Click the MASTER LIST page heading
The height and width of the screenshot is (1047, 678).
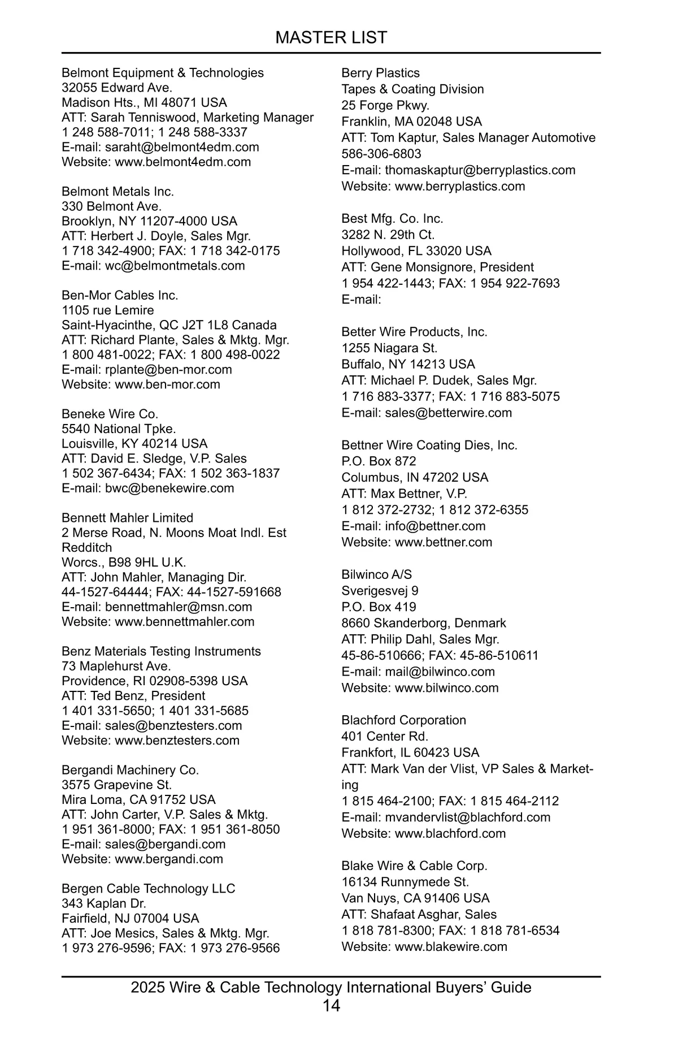[x=331, y=37]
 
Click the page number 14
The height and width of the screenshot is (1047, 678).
[x=331, y=1006]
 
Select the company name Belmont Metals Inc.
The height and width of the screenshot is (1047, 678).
[x=118, y=192]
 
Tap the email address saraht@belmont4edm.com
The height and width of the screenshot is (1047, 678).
[x=182, y=147]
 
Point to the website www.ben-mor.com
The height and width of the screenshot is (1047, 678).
[x=167, y=384]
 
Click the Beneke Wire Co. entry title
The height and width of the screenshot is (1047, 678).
[x=110, y=414]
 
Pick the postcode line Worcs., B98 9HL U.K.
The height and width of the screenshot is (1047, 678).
[x=124, y=563]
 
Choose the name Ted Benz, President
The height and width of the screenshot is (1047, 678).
[x=147, y=696]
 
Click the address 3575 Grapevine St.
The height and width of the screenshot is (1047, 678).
[x=116, y=785]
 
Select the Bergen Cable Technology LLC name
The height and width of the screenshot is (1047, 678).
[x=148, y=889]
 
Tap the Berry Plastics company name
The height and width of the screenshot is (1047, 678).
[x=380, y=73]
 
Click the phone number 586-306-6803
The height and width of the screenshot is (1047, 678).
[x=381, y=154]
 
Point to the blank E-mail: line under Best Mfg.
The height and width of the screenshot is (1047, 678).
[x=361, y=300]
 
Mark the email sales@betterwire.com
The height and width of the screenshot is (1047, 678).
[x=448, y=413]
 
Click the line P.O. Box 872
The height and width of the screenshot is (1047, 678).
[x=379, y=461]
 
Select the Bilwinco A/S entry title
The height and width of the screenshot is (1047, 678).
[x=376, y=574]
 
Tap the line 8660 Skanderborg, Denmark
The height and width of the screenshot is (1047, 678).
[x=423, y=623]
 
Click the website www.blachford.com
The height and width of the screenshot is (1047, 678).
[x=450, y=833]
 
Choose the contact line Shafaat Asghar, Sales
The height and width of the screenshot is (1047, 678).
[x=433, y=914]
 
